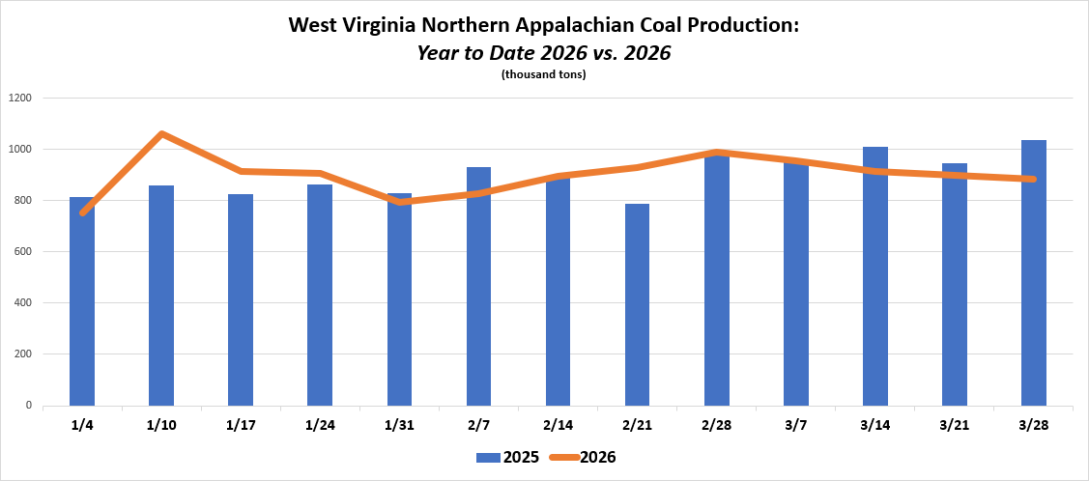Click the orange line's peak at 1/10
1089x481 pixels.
[x=161, y=133]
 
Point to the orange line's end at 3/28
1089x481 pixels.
[x=1033, y=179]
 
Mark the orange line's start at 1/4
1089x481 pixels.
[x=83, y=212]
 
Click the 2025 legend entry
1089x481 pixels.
[x=503, y=458]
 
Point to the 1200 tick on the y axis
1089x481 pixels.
[x=21, y=98]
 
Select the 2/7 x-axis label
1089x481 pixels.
[x=478, y=425]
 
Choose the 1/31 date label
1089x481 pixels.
[x=399, y=425]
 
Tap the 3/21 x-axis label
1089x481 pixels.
[x=955, y=425]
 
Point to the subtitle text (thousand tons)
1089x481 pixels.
[x=544, y=74]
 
